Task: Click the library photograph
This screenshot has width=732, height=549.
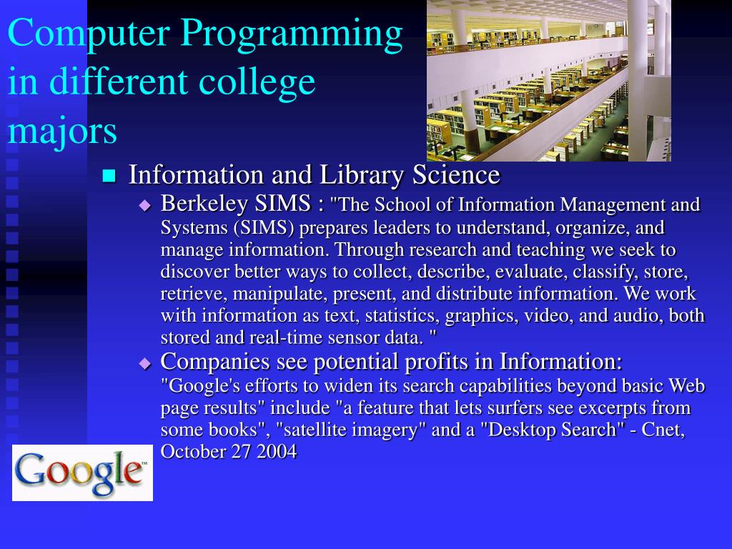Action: coord(548,80)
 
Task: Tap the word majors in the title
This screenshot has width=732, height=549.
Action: coord(62,132)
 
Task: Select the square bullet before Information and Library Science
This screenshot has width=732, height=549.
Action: coord(109,176)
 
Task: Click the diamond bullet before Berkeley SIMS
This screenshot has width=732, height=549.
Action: coord(145,206)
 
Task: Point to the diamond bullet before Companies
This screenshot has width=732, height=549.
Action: coord(145,363)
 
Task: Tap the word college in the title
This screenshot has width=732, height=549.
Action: coord(259,83)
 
